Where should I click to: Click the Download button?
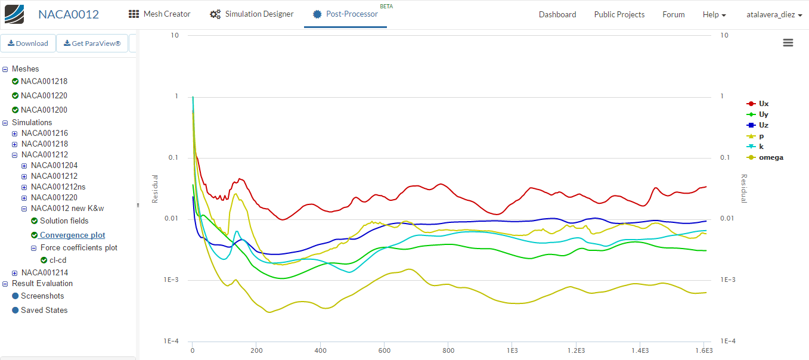(x=28, y=44)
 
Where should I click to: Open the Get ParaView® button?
(x=92, y=44)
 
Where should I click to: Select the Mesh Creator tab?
(x=160, y=14)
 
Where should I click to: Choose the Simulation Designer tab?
(x=252, y=14)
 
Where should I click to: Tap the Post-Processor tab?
(x=346, y=14)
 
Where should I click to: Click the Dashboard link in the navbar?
(x=557, y=14)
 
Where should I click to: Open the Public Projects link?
(x=619, y=14)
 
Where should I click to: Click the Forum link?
(x=673, y=14)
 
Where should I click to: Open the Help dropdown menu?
(x=714, y=14)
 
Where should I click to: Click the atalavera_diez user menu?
(x=774, y=14)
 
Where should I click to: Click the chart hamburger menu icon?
(x=788, y=42)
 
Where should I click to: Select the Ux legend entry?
(x=763, y=104)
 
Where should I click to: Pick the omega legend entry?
(x=770, y=157)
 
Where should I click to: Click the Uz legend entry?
(x=763, y=125)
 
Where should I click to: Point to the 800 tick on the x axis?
(x=449, y=350)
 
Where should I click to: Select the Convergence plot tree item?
(x=72, y=235)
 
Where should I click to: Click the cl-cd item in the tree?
(x=58, y=260)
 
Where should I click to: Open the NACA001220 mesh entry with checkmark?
(x=44, y=95)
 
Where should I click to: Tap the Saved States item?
(x=44, y=310)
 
